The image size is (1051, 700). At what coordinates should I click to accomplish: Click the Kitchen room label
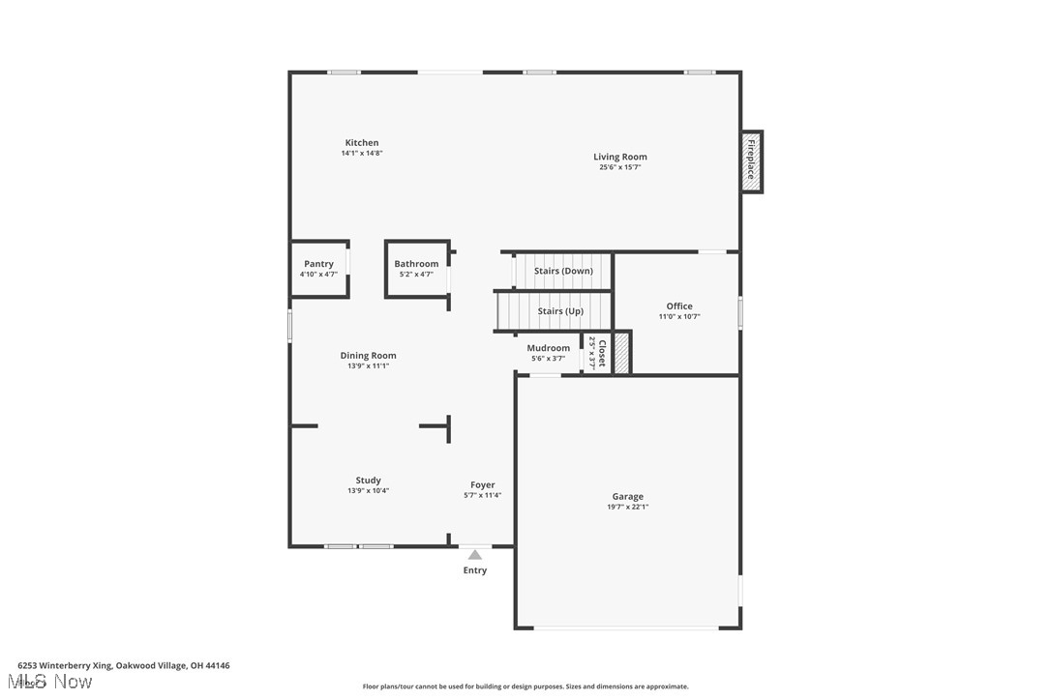pyautogui.click(x=362, y=143)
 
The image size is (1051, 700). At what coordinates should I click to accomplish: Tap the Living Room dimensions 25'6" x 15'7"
pyautogui.click(x=619, y=167)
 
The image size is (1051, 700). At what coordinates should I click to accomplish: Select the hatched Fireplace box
pyautogui.click(x=751, y=160)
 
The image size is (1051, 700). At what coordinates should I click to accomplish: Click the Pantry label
pyautogui.click(x=318, y=264)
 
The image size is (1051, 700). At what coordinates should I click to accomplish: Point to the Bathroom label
pyautogui.click(x=416, y=264)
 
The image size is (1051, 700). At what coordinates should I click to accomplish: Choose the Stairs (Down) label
pyautogui.click(x=563, y=271)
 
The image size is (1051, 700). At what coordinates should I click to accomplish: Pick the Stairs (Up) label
pyautogui.click(x=560, y=311)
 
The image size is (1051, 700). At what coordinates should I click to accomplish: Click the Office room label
pyautogui.click(x=679, y=306)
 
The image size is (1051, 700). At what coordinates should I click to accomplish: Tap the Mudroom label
pyautogui.click(x=548, y=348)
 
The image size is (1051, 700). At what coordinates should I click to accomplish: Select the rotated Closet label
pyautogui.click(x=601, y=353)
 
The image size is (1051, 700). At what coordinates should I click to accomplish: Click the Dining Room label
pyautogui.click(x=368, y=356)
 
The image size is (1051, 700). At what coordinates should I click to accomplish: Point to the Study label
pyautogui.click(x=368, y=481)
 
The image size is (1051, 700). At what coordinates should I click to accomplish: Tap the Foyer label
pyautogui.click(x=482, y=485)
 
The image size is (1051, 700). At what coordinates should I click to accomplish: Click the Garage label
pyautogui.click(x=627, y=497)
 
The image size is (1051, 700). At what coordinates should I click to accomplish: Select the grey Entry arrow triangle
pyautogui.click(x=474, y=555)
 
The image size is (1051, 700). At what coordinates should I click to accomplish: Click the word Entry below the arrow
pyautogui.click(x=474, y=570)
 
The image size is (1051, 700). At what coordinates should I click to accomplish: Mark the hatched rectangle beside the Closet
pyautogui.click(x=621, y=353)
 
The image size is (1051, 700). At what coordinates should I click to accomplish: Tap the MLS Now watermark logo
pyautogui.click(x=55, y=683)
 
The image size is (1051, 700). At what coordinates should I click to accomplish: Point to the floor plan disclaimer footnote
pyautogui.click(x=525, y=686)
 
